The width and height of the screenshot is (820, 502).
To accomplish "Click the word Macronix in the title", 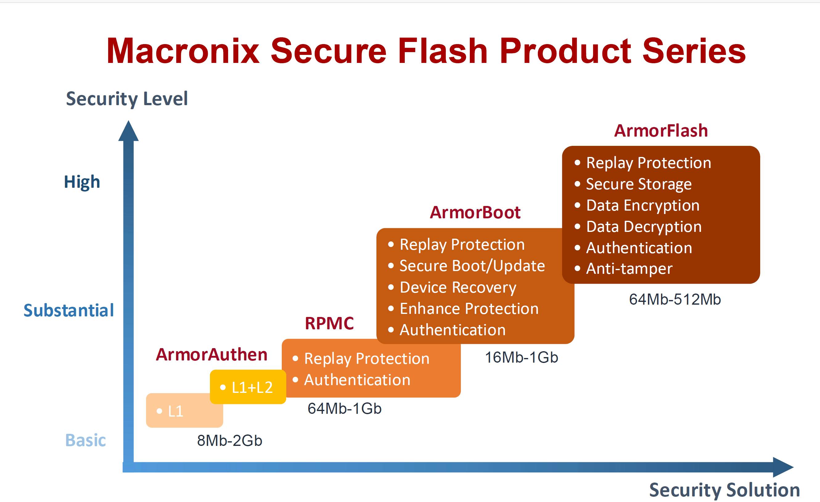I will point(182,51).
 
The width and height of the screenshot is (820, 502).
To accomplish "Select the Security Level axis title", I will point(127,99).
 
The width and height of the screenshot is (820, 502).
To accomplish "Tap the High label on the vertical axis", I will point(82,182).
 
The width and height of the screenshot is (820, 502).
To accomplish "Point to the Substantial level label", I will point(68,310).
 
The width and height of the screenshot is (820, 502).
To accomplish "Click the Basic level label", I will point(85,440).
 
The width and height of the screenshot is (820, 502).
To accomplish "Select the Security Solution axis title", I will point(724,490).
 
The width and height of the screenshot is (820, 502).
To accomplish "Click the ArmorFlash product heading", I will point(661,130).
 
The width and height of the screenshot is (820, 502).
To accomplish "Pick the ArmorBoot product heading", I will point(475,212).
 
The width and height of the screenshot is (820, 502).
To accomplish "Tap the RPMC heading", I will point(329,323).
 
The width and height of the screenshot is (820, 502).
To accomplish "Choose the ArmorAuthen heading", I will point(212,355).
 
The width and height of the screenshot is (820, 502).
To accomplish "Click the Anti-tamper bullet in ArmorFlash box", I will point(629,269).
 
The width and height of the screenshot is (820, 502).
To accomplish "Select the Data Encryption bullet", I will point(642,205).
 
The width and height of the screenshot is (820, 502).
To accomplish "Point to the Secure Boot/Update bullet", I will point(472,266).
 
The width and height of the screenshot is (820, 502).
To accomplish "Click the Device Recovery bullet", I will point(457,287).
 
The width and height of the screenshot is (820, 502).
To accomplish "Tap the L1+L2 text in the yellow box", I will point(252,388).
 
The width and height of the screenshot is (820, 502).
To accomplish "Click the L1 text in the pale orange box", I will point(175,411).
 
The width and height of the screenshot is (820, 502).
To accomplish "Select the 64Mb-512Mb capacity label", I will point(674,300).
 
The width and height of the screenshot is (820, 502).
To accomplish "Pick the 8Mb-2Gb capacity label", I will point(230,441).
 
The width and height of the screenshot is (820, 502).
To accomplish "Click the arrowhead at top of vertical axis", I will point(129,131).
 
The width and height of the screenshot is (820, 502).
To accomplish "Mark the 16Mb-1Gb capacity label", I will point(521,357).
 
